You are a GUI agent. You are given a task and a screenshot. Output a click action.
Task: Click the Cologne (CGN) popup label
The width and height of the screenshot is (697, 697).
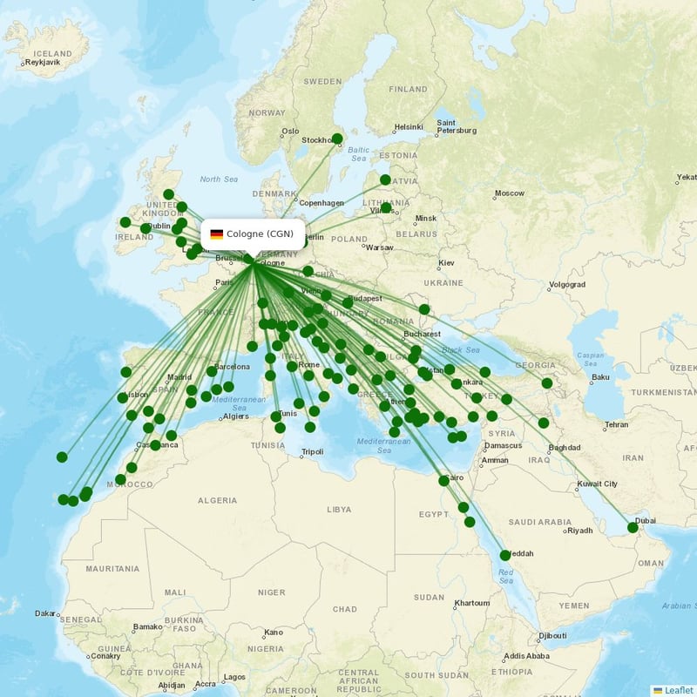click(259, 233)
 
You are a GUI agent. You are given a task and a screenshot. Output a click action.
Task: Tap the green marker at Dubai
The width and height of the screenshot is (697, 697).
click(633, 527)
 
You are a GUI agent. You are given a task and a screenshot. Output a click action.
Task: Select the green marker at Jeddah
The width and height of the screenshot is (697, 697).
click(505, 555)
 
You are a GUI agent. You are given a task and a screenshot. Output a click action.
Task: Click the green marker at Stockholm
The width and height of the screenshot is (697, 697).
click(337, 139)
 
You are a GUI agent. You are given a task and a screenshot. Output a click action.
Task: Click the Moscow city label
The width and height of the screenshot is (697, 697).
click(510, 193)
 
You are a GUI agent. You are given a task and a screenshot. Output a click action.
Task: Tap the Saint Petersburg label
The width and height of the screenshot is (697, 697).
click(457, 126)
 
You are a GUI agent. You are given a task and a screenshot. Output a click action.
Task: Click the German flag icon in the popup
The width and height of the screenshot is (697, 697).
click(217, 233)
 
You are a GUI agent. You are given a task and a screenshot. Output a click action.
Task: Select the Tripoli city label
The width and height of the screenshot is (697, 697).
click(312, 452)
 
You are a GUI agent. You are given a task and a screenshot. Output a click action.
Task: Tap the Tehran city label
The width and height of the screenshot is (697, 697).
click(616, 425)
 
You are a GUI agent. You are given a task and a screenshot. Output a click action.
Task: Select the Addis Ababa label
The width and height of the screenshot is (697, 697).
click(525, 656)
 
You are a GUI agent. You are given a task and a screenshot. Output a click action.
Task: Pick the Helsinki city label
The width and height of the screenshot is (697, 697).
click(409, 127)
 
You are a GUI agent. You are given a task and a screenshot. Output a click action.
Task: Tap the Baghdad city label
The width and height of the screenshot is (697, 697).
click(564, 448)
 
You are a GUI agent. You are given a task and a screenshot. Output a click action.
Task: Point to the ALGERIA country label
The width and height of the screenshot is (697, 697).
click(217, 501)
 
